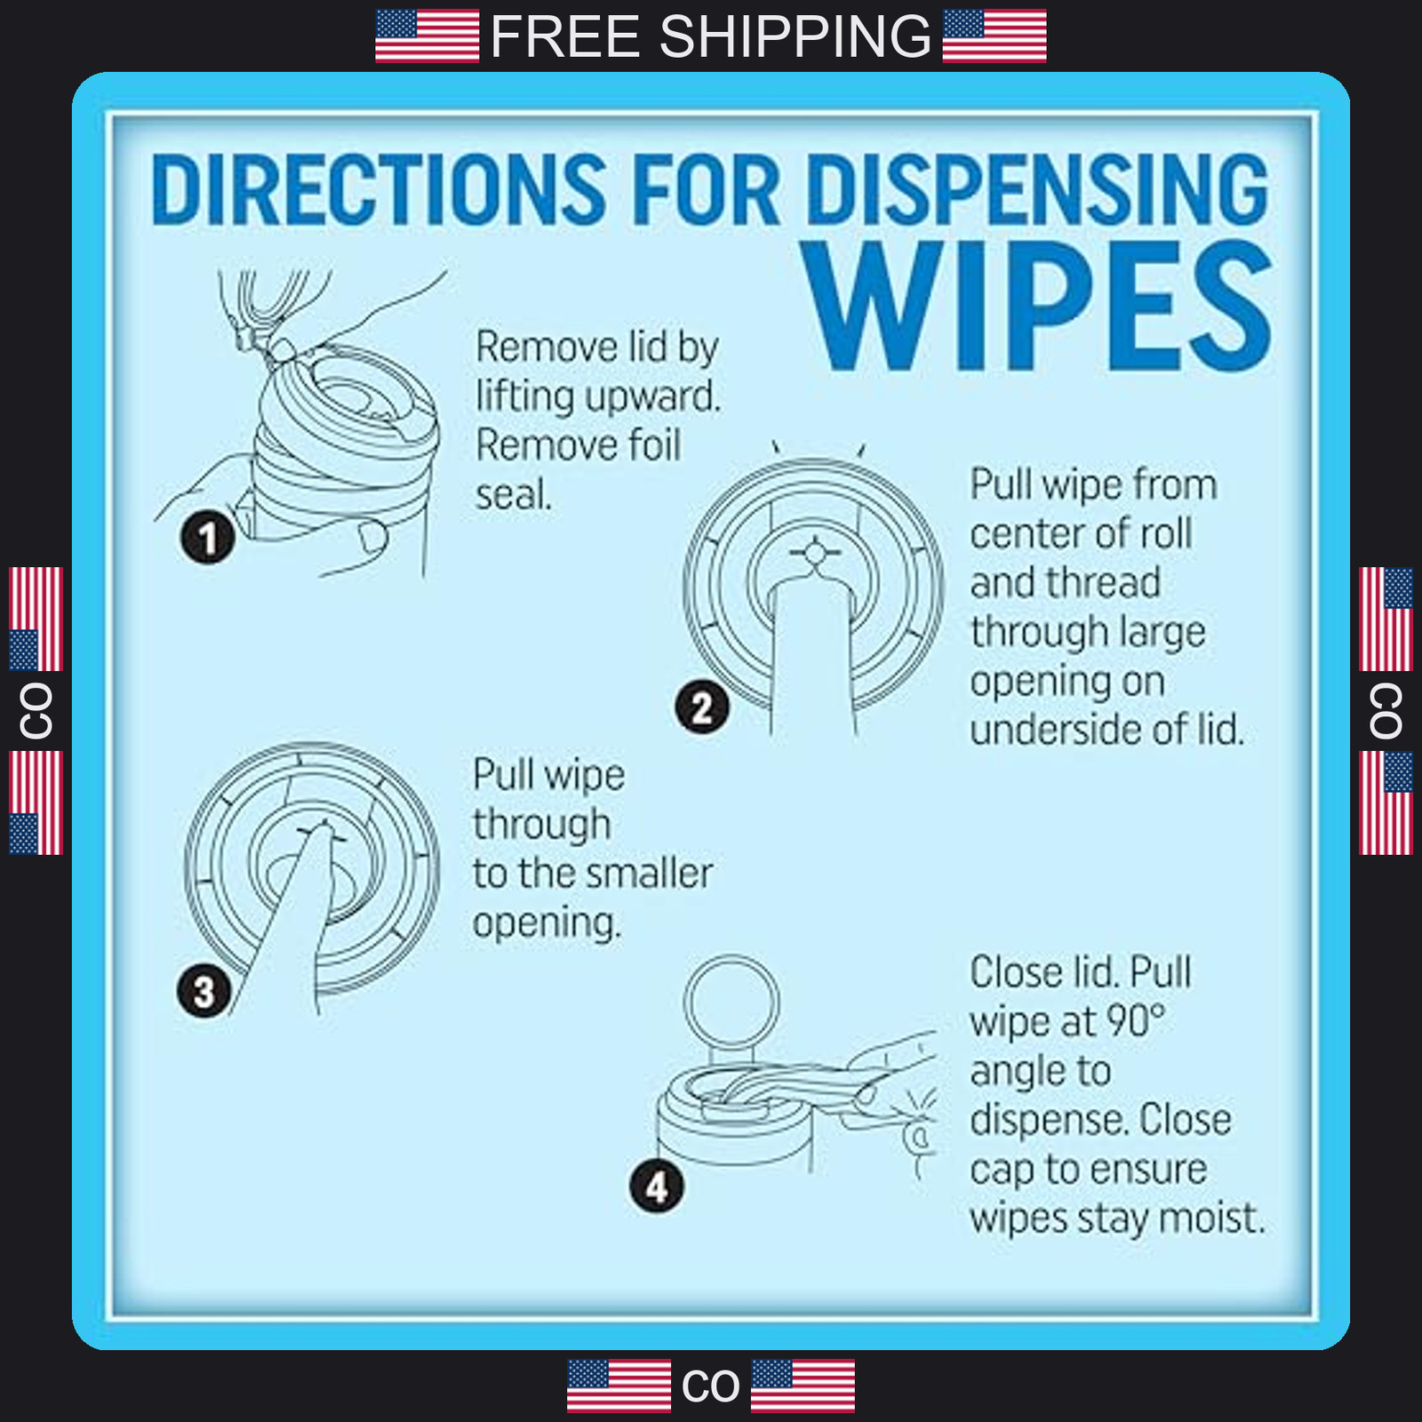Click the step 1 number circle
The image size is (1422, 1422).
208,538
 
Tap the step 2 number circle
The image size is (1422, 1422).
702,707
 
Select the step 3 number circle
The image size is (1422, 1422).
204,991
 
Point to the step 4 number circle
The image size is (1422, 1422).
656,1186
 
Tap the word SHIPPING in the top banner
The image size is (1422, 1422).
795,36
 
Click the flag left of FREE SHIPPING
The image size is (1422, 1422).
427,36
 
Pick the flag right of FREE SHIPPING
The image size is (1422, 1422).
995,36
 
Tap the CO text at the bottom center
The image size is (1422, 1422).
710,1386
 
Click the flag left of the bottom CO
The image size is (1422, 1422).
619,1386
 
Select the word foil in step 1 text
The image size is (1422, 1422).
647,444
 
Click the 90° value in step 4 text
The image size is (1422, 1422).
1134,1021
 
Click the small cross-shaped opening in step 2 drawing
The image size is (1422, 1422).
814,554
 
